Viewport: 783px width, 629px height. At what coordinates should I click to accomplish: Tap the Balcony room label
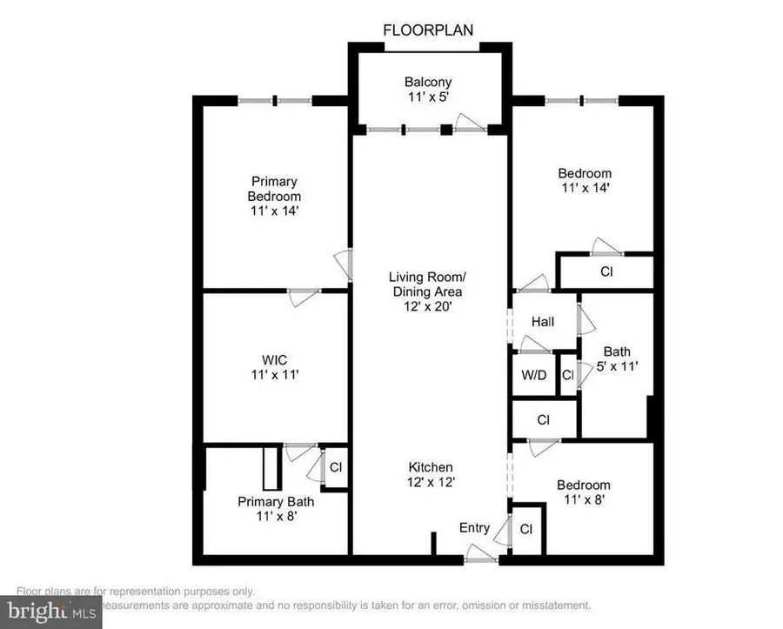click(x=426, y=90)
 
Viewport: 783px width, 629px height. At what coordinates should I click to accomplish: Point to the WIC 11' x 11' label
click(x=274, y=367)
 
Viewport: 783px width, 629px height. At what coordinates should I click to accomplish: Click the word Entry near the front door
click(x=475, y=527)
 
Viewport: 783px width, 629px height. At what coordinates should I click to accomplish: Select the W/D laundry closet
click(x=534, y=376)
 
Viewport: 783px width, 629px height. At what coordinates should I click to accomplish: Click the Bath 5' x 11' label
click(x=617, y=359)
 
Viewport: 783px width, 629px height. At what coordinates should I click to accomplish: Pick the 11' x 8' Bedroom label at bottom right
click(x=584, y=492)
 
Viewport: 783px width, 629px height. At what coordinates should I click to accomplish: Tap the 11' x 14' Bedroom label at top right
click(x=584, y=180)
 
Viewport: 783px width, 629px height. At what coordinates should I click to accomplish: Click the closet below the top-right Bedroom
click(x=606, y=271)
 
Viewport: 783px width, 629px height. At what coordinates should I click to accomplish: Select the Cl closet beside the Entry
click(x=526, y=529)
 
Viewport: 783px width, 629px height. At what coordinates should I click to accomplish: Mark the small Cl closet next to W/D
click(x=567, y=376)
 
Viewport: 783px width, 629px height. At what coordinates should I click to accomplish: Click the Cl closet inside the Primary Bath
click(x=335, y=467)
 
